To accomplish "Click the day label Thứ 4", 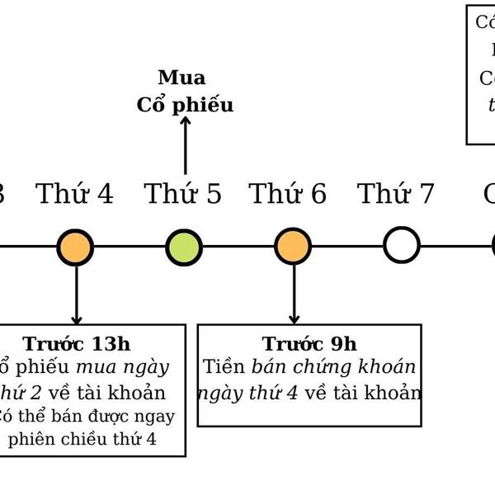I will (74, 195).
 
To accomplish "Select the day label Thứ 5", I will (183, 195).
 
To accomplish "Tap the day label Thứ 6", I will (288, 195).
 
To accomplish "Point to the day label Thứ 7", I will (395, 195).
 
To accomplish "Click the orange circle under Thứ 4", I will (75, 247).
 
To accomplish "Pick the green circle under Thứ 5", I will (184, 247).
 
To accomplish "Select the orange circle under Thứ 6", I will (293, 247).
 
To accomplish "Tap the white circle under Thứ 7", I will (402, 246).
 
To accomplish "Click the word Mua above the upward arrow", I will (181, 78).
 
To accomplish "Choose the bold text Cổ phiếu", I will (185, 106).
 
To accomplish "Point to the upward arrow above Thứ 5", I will (185, 144).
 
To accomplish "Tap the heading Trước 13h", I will (76, 344).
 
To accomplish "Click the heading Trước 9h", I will (309, 344).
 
